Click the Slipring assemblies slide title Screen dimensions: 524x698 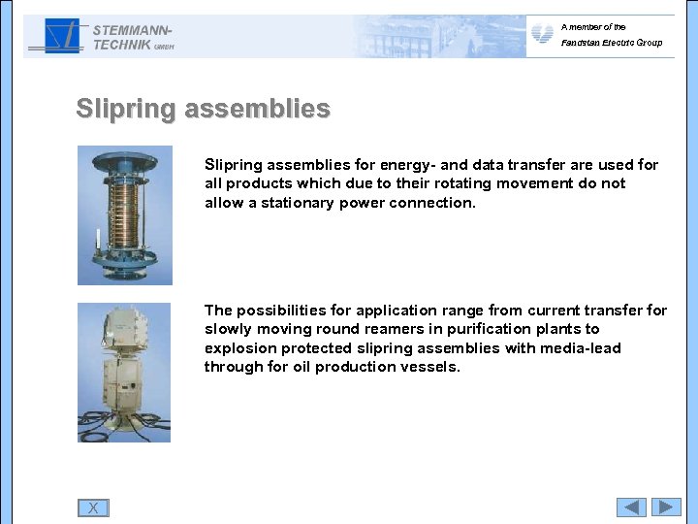[x=203, y=109]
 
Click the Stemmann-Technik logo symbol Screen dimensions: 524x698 [x=56, y=37]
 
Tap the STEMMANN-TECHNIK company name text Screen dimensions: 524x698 [x=131, y=37]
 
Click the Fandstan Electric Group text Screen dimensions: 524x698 [x=611, y=43]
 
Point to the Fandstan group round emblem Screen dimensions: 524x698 [x=543, y=35]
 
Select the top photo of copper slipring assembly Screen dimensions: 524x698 [x=124, y=215]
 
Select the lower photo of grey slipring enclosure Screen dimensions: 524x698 [x=124, y=373]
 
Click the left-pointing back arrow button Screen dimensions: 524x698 [x=631, y=507]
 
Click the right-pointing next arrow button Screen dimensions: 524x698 [x=666, y=507]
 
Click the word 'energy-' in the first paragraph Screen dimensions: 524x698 [x=392, y=165]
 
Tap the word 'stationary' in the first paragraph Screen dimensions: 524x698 [x=298, y=203]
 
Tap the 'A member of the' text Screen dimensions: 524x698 [x=593, y=27]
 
